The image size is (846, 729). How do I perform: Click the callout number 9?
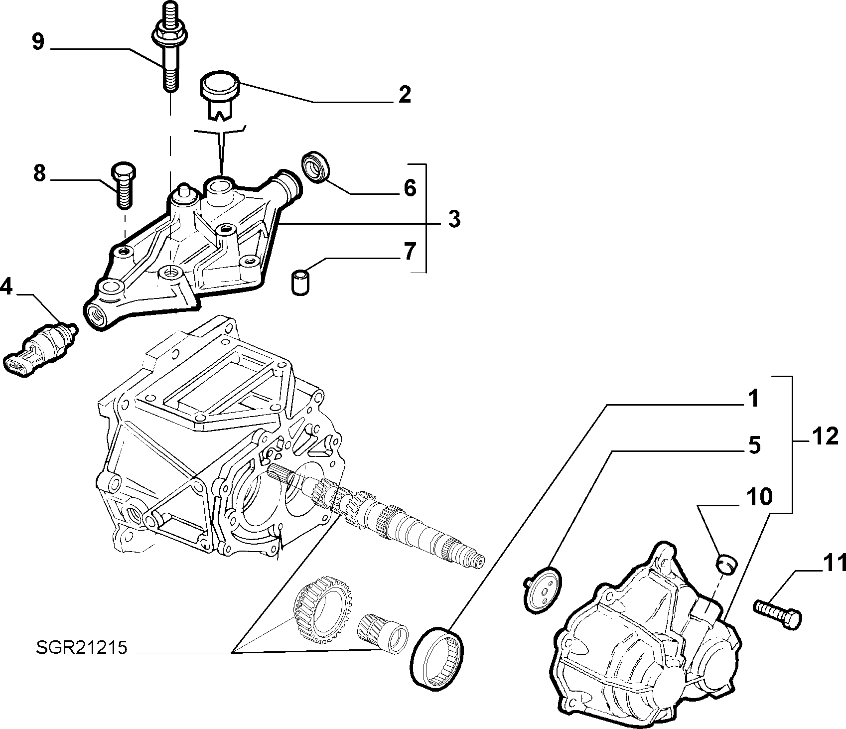(38, 41)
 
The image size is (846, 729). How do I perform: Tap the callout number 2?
(405, 94)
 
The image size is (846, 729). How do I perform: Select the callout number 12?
(825, 437)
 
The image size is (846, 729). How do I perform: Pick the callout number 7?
(409, 252)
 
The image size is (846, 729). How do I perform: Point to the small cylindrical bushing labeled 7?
(298, 282)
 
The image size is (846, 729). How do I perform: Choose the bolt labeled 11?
(778, 611)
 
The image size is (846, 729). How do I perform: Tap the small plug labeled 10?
(728, 565)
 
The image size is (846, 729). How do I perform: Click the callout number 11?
(832, 563)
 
